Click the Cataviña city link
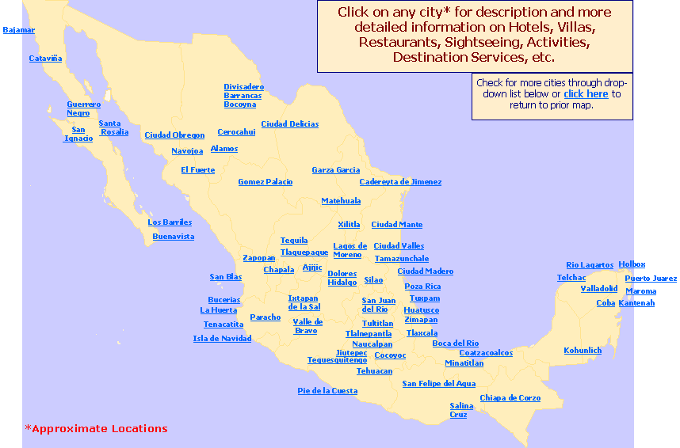(45, 59)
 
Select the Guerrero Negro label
(83, 108)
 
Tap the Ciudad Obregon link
(174, 135)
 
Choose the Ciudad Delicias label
(289, 124)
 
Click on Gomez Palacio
(265, 182)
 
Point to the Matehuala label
(341, 201)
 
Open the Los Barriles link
(170, 222)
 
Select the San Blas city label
(225, 277)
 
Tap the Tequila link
(294, 241)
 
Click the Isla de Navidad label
(222, 339)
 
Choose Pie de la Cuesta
(327, 391)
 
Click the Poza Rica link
(422, 287)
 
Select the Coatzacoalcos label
(486, 353)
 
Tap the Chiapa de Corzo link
(510, 398)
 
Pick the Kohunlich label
(583, 351)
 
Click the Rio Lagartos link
(589, 265)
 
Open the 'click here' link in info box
(586, 94)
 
